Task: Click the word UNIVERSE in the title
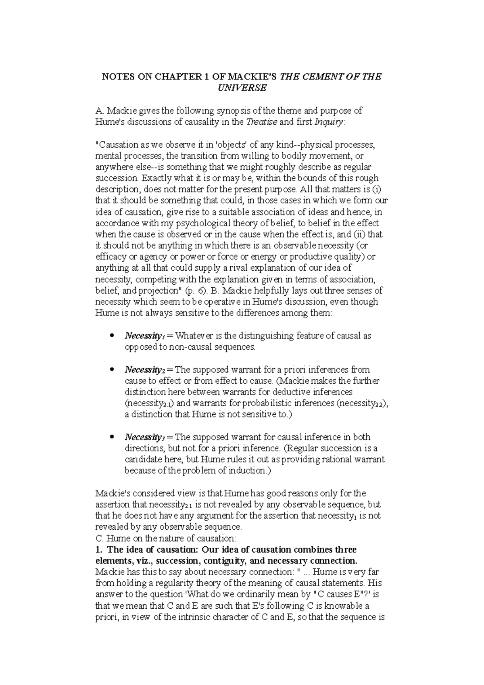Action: click(x=242, y=88)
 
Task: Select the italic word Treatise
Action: click(x=261, y=122)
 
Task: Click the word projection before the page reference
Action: click(x=158, y=291)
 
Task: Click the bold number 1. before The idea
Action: click(x=98, y=550)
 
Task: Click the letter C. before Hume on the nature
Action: click(x=98, y=539)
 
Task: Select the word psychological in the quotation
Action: click(x=198, y=223)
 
